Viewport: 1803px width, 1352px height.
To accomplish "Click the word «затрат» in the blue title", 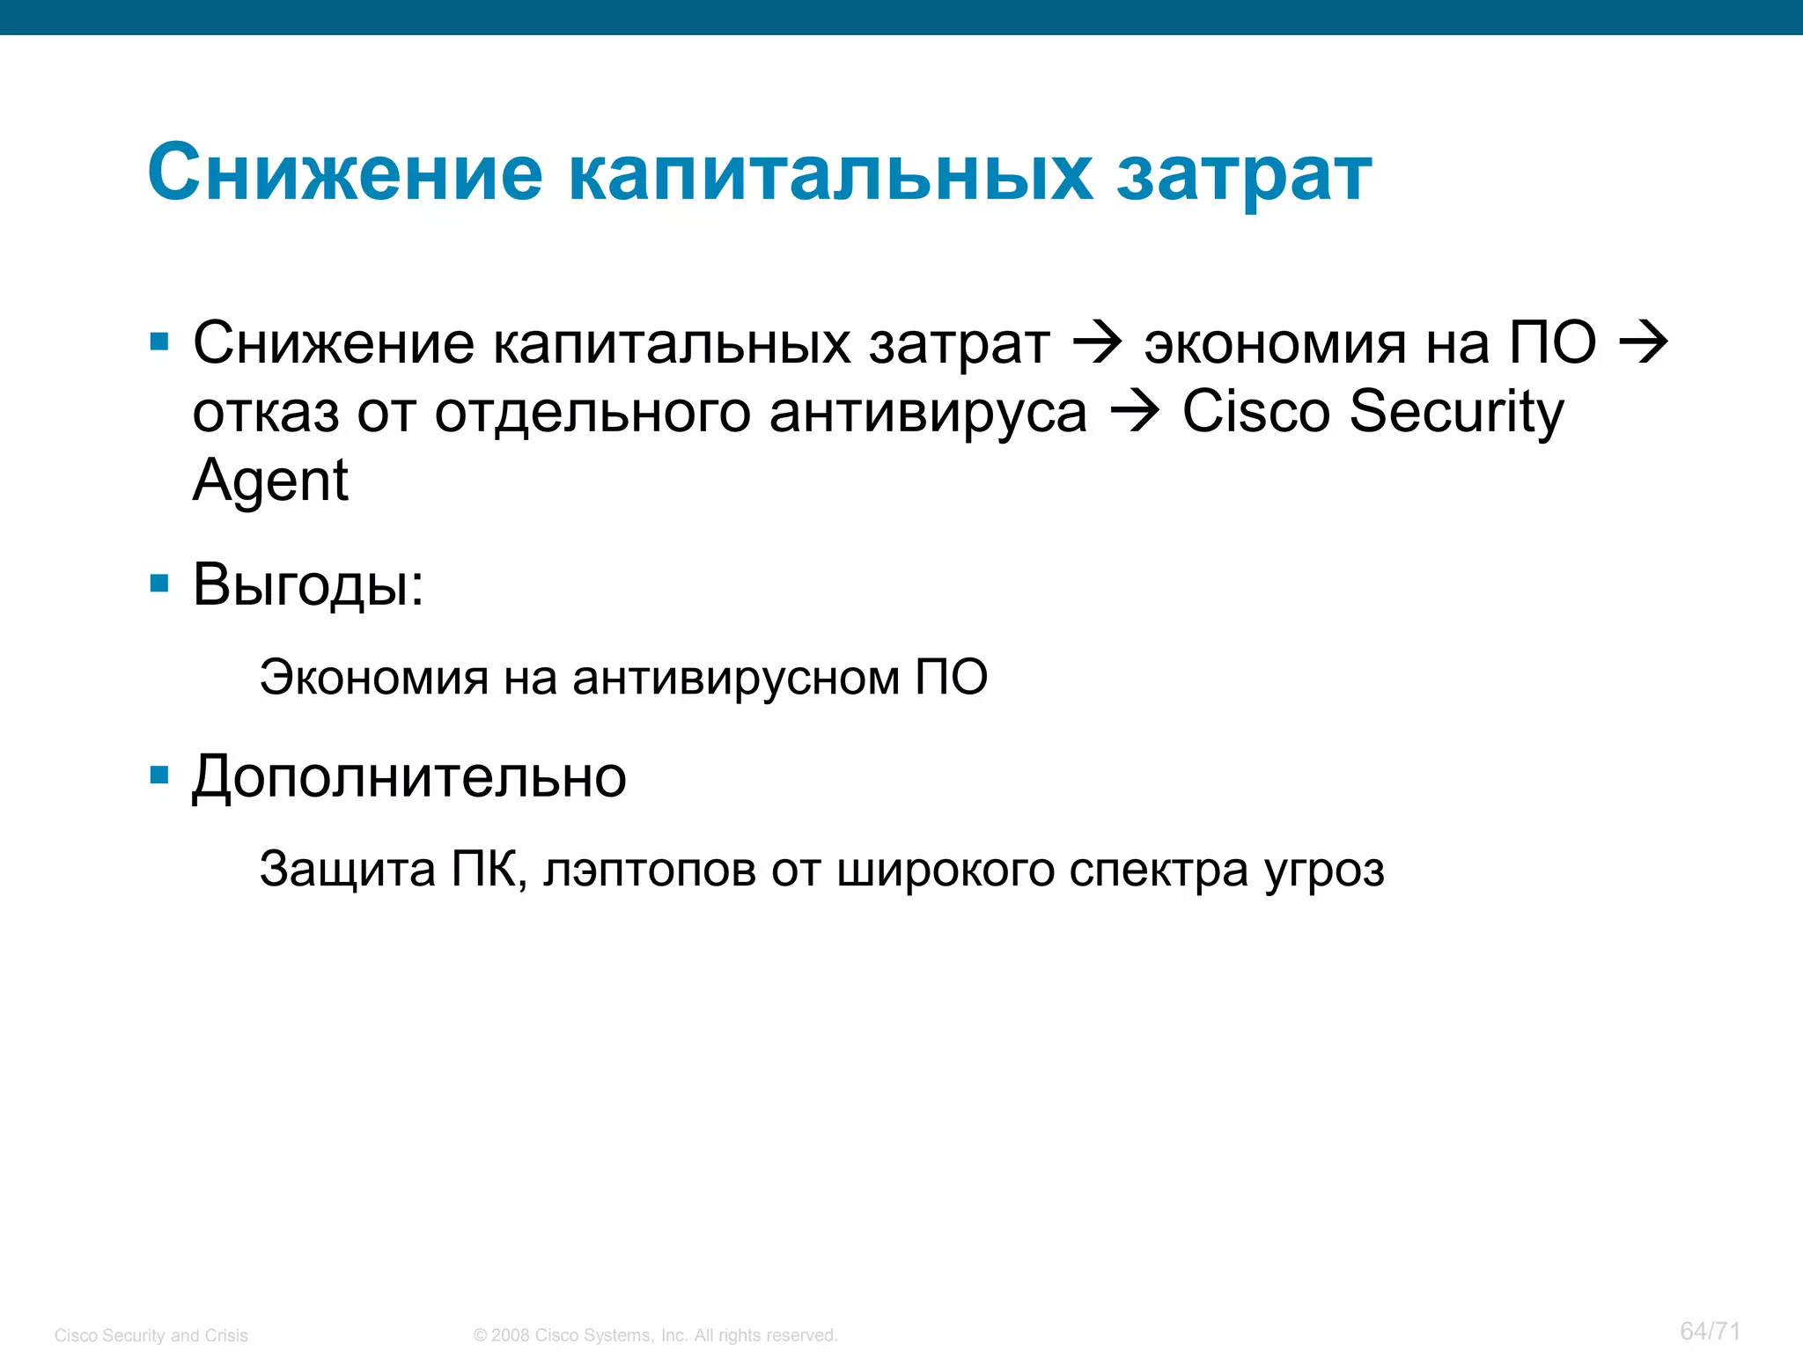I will click(x=1244, y=174).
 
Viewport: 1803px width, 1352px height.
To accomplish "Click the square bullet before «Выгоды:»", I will click(x=159, y=583).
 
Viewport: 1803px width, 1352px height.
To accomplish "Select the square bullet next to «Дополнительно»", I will click(x=159, y=775).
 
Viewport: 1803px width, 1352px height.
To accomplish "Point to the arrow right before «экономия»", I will click(x=1098, y=343).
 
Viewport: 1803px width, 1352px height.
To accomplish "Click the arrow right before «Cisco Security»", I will click(x=1135, y=412).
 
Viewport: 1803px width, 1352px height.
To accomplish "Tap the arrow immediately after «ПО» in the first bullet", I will click(x=1644, y=343).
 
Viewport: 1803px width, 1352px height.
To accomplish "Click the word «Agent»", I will click(x=270, y=481).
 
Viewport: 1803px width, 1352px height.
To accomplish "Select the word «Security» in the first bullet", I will click(x=1457, y=412).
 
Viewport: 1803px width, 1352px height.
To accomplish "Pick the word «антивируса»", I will click(x=928, y=412).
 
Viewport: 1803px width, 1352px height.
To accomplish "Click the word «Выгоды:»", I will click(x=308, y=584).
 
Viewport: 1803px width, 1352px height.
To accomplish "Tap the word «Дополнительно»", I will click(x=409, y=777).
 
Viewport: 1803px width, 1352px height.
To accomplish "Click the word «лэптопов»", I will click(x=650, y=870).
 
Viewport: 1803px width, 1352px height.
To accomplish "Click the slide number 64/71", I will click(x=1710, y=1331).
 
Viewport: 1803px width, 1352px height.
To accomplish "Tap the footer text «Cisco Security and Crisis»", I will click(x=151, y=1335).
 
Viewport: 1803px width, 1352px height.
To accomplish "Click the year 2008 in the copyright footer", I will click(x=511, y=1335).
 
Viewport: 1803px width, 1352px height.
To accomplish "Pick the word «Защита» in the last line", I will click(x=348, y=870).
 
